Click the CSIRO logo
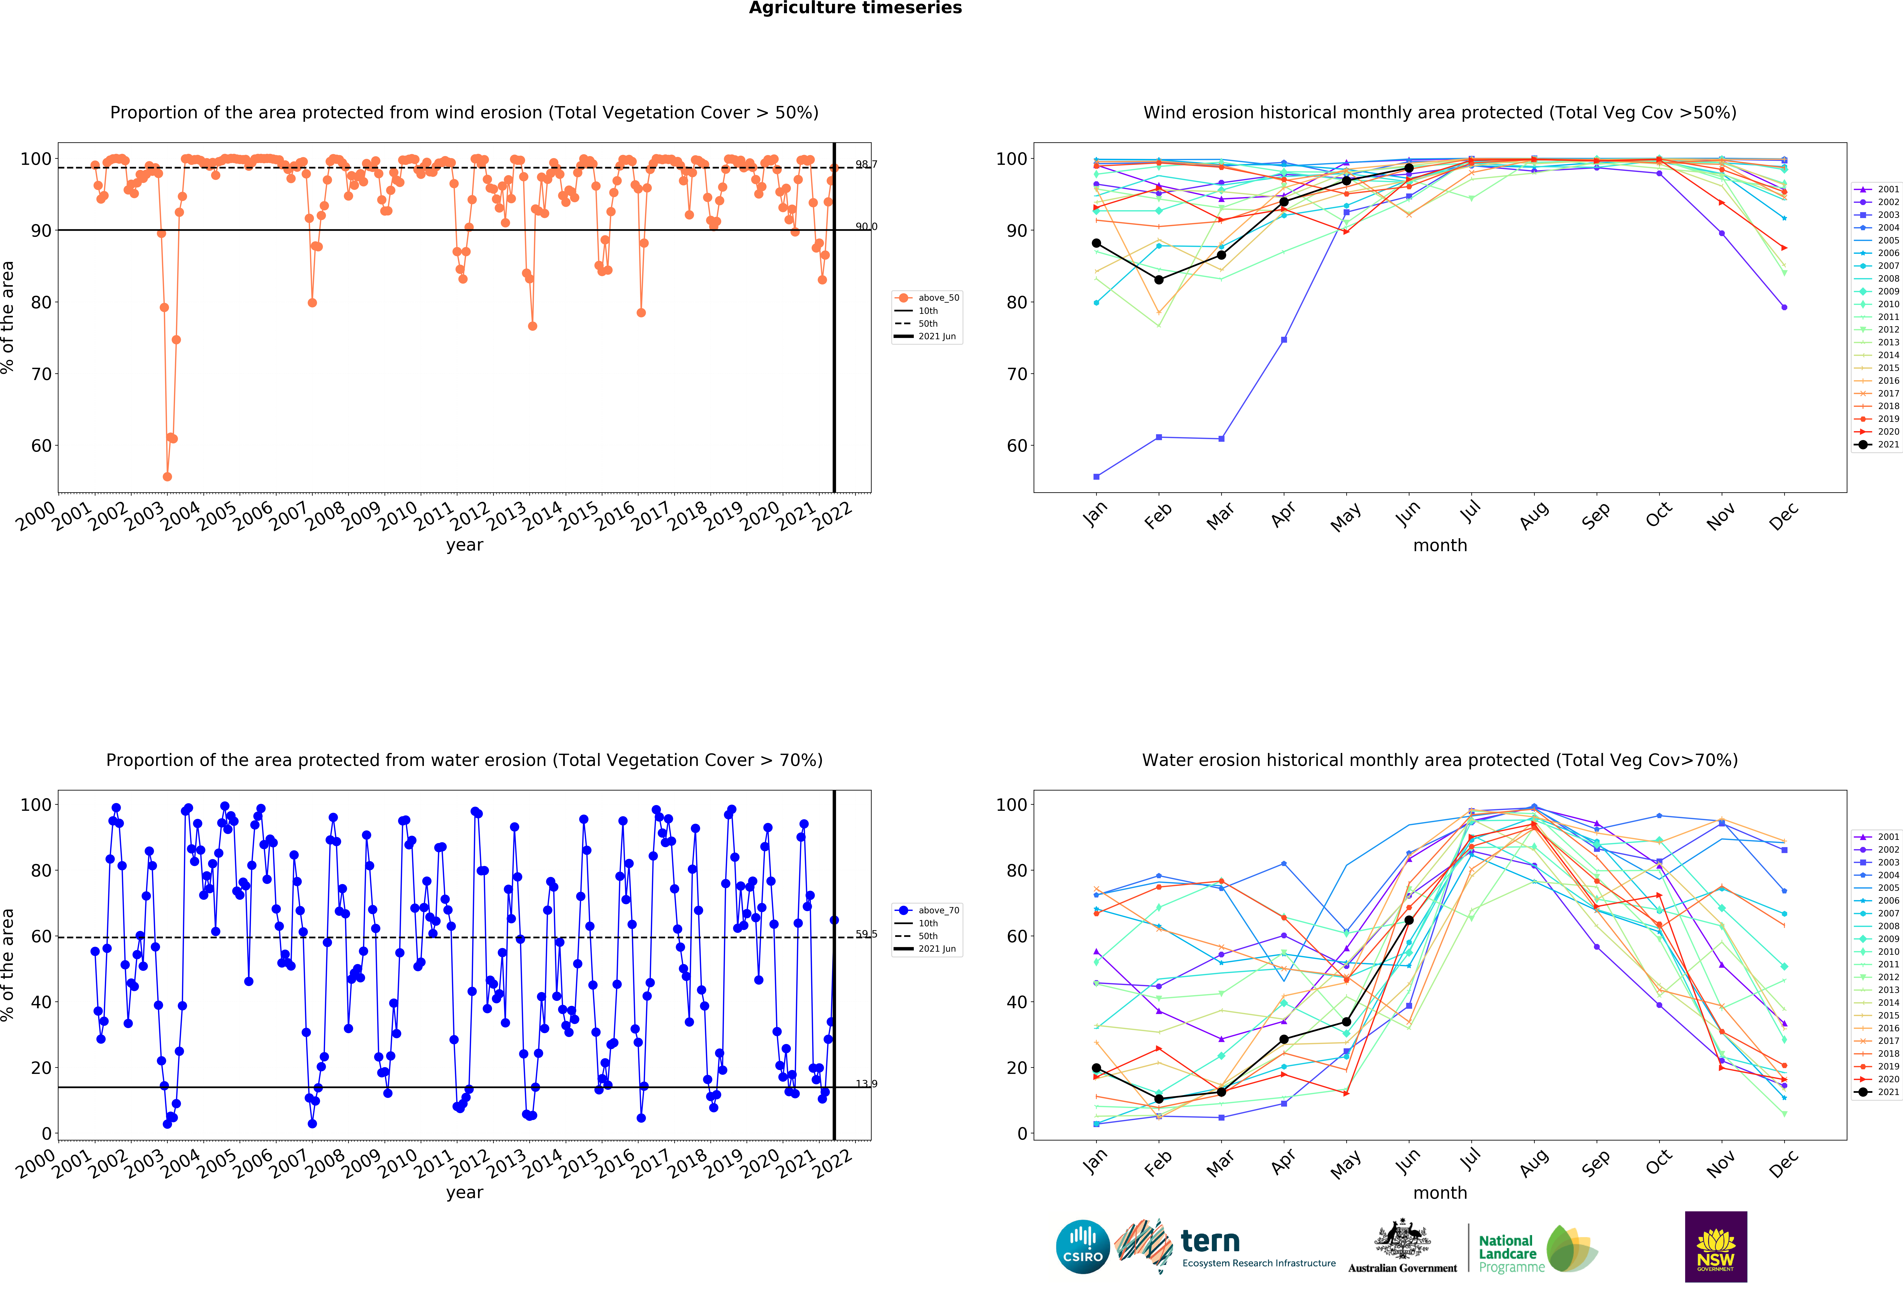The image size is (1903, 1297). (1083, 1247)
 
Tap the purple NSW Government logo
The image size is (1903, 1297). (1715, 1246)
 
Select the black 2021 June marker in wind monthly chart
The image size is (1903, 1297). (1408, 168)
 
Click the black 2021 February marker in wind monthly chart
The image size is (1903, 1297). (1159, 280)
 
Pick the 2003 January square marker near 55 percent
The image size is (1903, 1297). (1096, 476)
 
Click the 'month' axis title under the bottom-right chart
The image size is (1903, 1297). (1439, 1193)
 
